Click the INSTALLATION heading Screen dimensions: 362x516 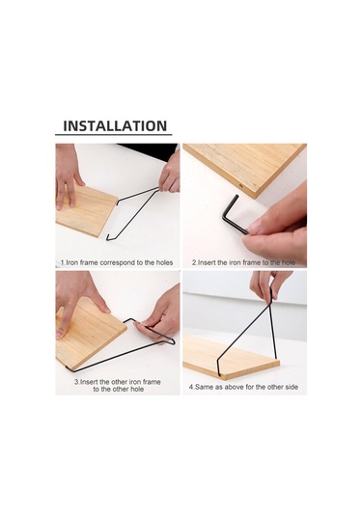(115, 126)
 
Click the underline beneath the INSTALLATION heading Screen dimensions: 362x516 (114, 135)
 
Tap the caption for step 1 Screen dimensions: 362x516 (117, 262)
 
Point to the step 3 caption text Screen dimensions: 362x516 (117, 386)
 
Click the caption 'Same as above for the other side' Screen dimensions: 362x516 (243, 387)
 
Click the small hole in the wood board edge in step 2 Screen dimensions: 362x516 (241, 186)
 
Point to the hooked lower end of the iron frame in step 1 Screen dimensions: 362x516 (109, 237)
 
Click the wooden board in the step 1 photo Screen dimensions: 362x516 (86, 210)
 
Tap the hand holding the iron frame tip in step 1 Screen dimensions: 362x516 (170, 174)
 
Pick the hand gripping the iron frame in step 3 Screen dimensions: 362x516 (159, 321)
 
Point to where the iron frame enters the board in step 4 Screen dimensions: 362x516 (219, 373)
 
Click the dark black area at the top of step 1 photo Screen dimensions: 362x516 (149, 151)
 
